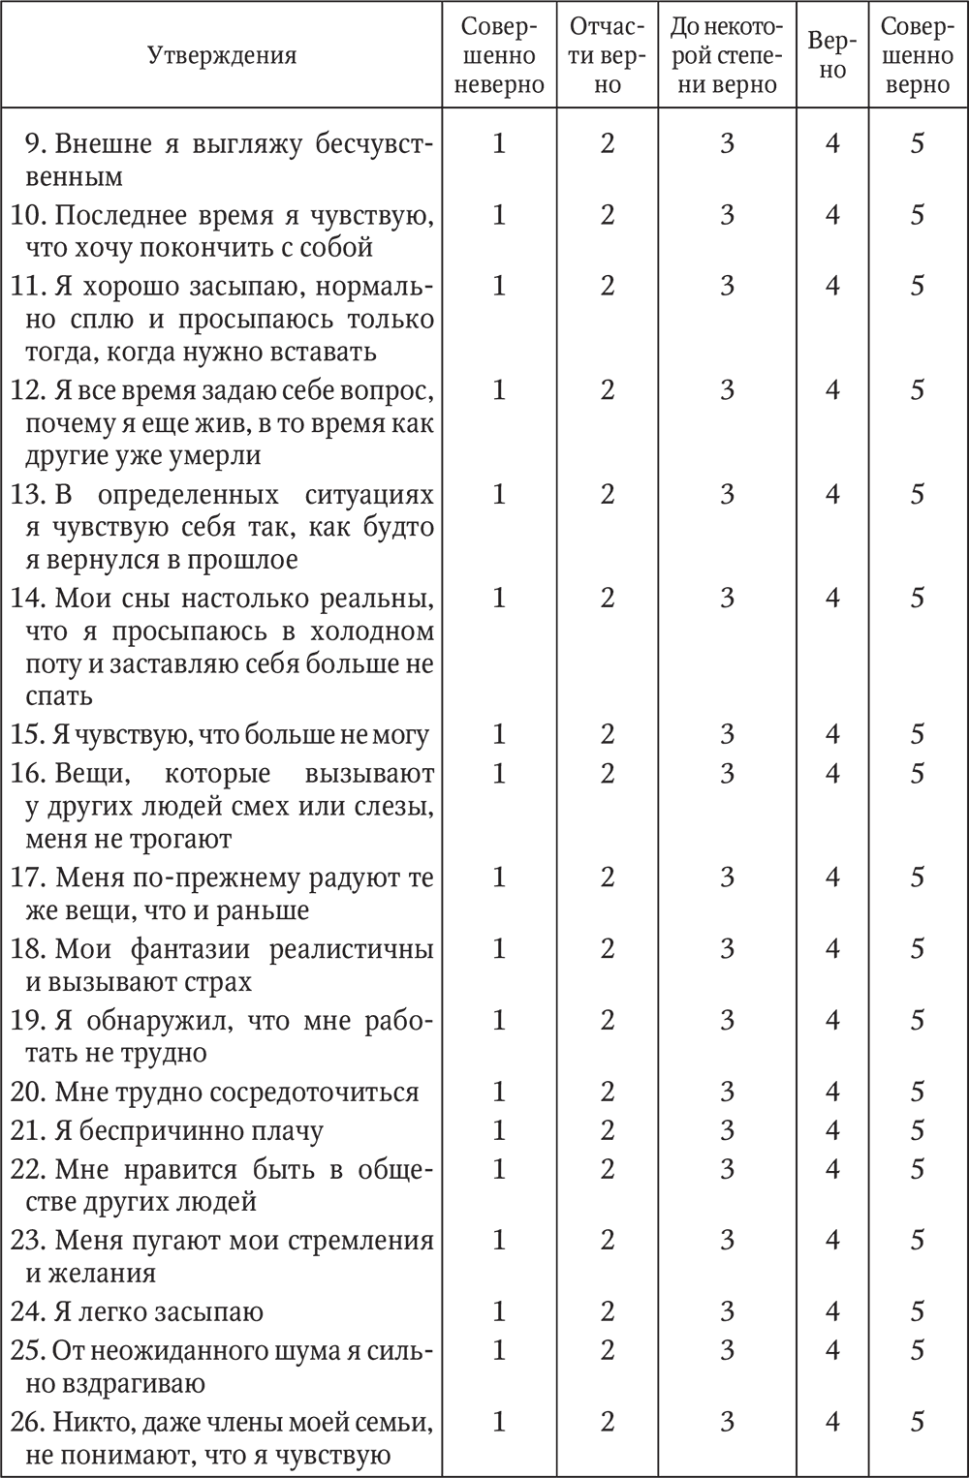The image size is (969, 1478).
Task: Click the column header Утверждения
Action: tap(222, 54)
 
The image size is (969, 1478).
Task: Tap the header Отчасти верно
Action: tap(608, 55)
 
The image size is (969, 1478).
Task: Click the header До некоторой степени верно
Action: tap(727, 55)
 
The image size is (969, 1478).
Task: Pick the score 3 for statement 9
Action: tap(727, 143)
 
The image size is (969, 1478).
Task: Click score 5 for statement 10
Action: tap(917, 214)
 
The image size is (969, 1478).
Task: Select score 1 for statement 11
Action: tap(499, 286)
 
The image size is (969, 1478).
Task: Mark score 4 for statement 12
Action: tap(832, 390)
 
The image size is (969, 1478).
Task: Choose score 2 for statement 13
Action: tap(608, 494)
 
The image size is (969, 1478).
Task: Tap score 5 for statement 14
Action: tap(917, 598)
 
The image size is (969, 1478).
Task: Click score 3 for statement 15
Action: tap(727, 734)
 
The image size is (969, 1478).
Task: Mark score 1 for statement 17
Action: tap(499, 877)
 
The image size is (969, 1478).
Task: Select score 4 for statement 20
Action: tap(832, 1092)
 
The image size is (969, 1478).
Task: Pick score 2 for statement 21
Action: tap(608, 1130)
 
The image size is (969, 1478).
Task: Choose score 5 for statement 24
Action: tap(917, 1311)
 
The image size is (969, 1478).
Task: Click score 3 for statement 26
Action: tap(727, 1422)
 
